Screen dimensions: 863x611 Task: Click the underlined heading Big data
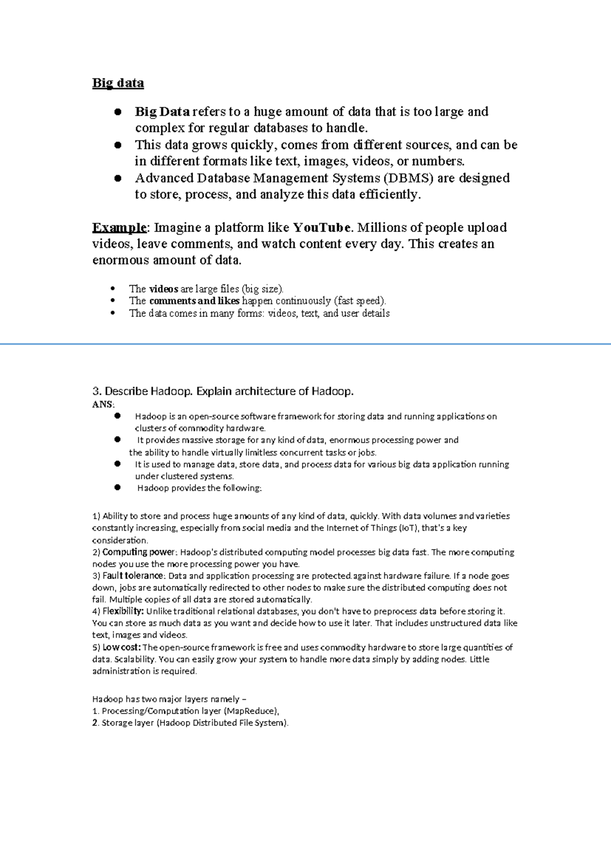[118, 83]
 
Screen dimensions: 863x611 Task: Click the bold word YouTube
[322, 227]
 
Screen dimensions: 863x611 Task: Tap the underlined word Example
[119, 227]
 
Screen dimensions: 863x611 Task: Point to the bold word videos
[163, 289]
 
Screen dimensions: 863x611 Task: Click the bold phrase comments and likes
[194, 301]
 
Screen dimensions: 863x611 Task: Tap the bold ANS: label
[103, 405]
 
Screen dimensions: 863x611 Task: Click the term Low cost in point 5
[121, 647]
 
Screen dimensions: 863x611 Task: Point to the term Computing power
[138, 552]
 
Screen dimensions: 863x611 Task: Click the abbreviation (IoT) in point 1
[407, 528]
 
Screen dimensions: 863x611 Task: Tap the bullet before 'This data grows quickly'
[118, 145]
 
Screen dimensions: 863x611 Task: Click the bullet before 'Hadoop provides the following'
[118, 487]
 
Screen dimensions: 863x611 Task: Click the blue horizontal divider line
[305, 344]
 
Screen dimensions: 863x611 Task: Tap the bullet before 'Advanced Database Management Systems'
[118, 178]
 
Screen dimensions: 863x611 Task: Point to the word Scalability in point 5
[134, 659]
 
